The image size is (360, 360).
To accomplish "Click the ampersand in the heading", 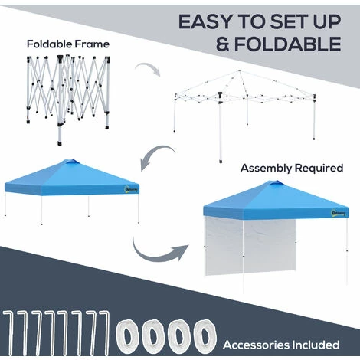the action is (x=223, y=44).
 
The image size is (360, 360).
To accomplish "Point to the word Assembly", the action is (x=266, y=169).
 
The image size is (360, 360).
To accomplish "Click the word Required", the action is (x=319, y=168).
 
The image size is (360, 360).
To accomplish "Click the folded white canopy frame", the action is (x=68, y=97).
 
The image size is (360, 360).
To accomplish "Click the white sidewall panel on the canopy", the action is (x=250, y=246).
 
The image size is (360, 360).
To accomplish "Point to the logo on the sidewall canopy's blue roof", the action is (x=339, y=212).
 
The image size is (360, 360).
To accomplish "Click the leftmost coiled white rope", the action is (x=127, y=336).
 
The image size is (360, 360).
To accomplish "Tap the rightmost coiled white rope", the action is (x=205, y=336).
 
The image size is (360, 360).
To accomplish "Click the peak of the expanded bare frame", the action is (x=239, y=70).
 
